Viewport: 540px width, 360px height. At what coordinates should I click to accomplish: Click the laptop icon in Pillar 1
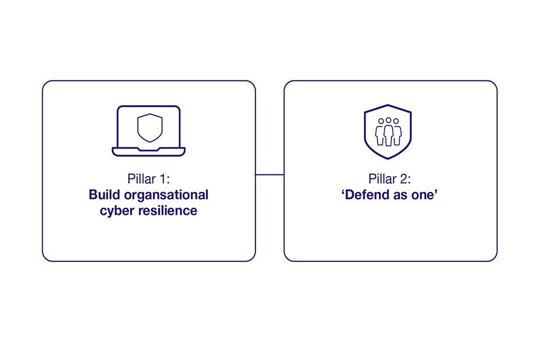[x=148, y=130]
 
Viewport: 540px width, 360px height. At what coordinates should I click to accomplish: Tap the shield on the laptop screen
[x=150, y=127]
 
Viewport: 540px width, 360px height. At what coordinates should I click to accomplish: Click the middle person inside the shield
[x=389, y=134]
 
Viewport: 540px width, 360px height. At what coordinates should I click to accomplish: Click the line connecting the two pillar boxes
[x=269, y=175]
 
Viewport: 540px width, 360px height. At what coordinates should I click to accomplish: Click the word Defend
[x=366, y=195]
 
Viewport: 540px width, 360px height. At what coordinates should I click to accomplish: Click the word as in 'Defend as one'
[x=400, y=195]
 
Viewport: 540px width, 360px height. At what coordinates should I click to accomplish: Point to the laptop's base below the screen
[x=148, y=151]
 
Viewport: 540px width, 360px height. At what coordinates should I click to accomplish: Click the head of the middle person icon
[x=389, y=120]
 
